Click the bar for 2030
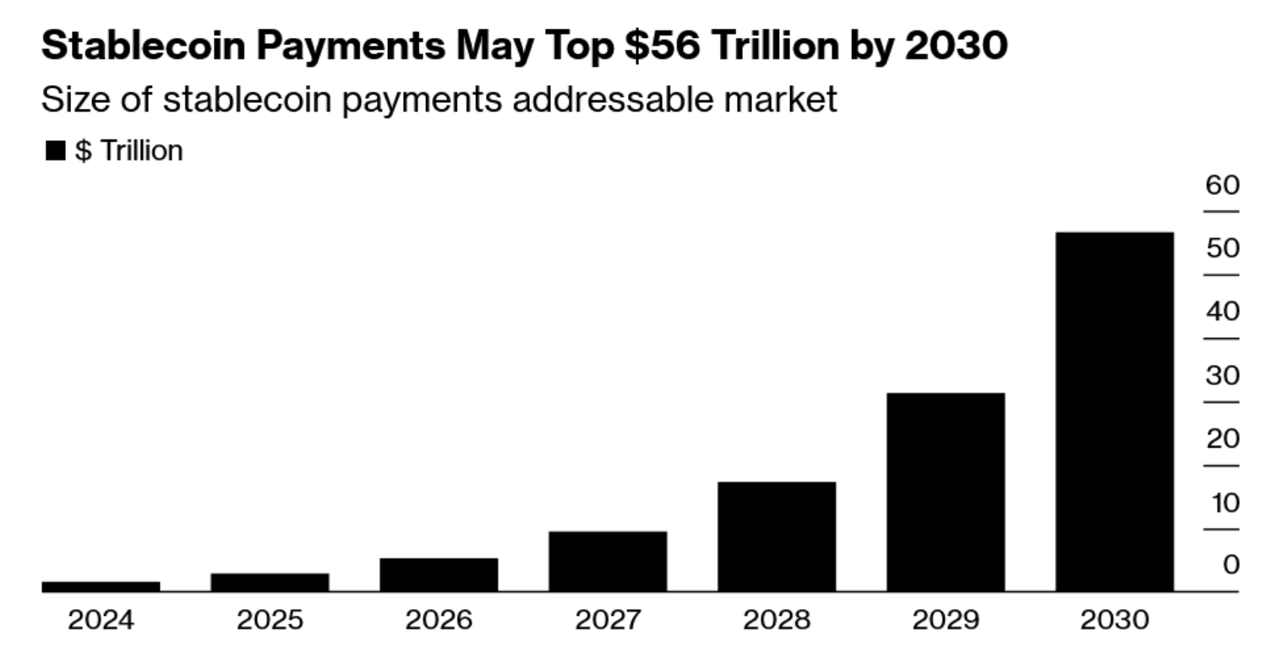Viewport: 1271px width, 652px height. click(x=1114, y=411)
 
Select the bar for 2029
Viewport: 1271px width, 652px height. click(x=945, y=492)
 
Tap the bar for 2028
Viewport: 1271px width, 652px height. click(x=776, y=536)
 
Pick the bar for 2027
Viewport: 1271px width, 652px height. click(x=607, y=561)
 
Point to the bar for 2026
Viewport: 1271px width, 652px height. click(x=438, y=574)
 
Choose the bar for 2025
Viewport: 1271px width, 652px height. click(x=269, y=582)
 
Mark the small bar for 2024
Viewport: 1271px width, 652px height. click(x=100, y=586)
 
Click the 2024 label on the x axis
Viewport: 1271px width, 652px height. click(x=100, y=621)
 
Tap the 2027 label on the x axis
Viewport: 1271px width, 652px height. click(x=607, y=621)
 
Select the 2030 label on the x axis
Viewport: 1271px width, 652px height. click(x=1114, y=621)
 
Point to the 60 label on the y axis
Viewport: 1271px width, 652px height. click(x=1222, y=185)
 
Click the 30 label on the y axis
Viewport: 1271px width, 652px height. click(x=1222, y=376)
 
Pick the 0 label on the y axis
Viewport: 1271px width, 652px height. click(x=1230, y=564)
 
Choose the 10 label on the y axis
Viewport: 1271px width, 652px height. click(x=1222, y=503)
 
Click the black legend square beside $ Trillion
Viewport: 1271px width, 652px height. click(x=55, y=151)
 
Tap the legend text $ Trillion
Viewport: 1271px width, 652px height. click(x=128, y=151)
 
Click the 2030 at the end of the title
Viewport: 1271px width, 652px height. click(x=955, y=46)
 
